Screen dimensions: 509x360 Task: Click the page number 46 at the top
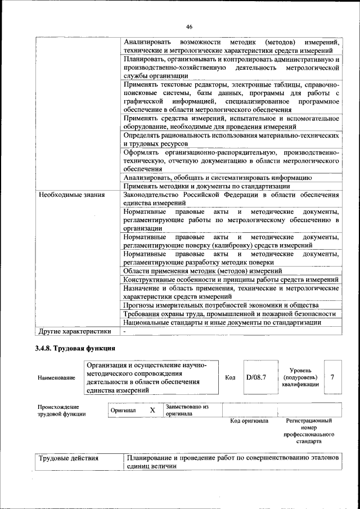click(x=189, y=26)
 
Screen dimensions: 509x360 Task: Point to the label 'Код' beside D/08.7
click(x=230, y=377)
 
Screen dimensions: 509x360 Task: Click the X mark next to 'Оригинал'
click(x=152, y=410)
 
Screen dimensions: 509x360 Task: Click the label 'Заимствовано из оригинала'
click(x=187, y=410)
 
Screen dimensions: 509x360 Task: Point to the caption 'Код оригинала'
click(x=249, y=421)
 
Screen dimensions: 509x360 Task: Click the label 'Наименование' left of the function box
click(x=56, y=378)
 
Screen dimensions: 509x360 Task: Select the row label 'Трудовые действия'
click(x=68, y=458)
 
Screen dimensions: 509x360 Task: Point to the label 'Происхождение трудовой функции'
click(x=62, y=410)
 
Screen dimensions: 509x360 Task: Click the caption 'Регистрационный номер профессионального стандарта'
click(x=309, y=431)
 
